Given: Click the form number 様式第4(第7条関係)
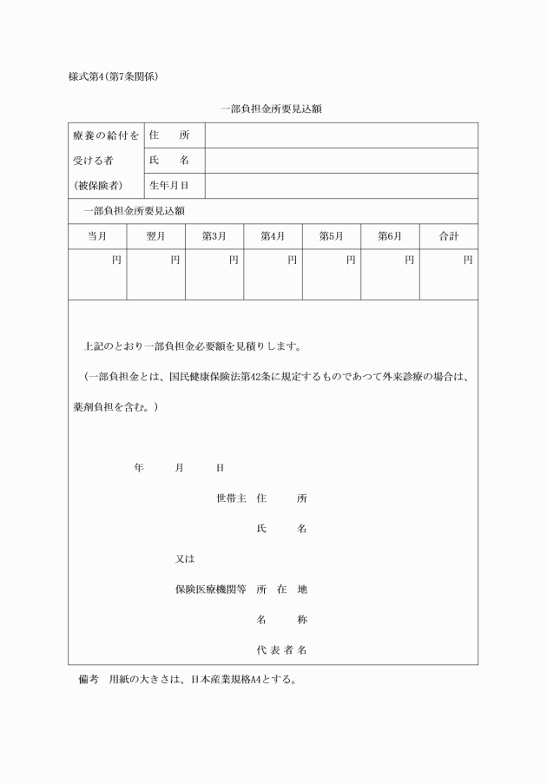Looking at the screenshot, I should pos(113,76).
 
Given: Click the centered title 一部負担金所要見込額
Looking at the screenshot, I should pos(272,109).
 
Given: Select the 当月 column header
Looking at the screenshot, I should pos(97,237).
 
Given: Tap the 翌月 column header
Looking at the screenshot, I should pos(156,237).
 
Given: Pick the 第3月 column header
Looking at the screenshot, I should pos(214,237).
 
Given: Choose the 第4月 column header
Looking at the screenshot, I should pos(273,237).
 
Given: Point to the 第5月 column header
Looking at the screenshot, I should pos(332,237).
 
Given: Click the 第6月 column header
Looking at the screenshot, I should pos(390,237).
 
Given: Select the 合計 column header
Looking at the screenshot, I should pos(448,237).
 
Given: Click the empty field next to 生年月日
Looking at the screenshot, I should pos(340,186).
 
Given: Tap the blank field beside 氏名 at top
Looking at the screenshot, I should pos(340,161).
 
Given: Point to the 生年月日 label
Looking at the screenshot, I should pos(168,186).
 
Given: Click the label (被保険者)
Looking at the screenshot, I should pos(98,186).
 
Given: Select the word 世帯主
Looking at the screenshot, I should pos(231,498).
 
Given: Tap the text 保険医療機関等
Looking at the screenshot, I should pos(211,590).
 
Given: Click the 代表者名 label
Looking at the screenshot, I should pos(281,649).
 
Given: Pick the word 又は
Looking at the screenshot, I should pos(185,559).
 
